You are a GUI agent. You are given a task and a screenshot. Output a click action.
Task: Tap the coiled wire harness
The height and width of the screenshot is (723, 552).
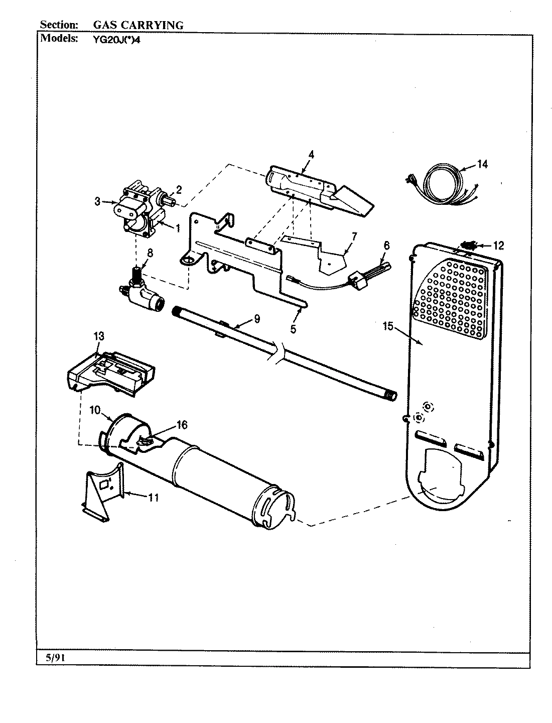437,184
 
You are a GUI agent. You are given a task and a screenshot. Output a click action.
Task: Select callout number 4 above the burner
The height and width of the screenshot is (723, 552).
311,155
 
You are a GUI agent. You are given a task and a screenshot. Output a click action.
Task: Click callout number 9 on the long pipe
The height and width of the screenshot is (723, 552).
256,318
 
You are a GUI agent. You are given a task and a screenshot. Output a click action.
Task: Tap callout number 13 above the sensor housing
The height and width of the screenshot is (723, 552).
99,336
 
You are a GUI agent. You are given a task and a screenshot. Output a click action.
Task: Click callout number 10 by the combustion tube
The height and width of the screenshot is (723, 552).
95,410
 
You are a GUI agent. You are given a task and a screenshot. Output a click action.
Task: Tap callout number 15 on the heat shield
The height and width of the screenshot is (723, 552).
387,326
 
